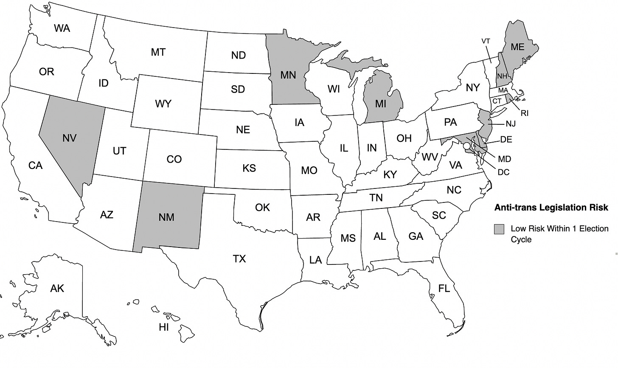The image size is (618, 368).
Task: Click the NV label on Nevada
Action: (x=69, y=138)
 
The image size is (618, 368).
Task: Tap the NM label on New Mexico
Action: (x=166, y=217)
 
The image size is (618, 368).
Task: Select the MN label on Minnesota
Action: (x=288, y=75)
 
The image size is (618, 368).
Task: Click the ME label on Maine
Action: (x=517, y=47)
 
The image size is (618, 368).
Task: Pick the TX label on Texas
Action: (x=239, y=258)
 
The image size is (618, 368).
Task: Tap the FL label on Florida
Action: (x=444, y=289)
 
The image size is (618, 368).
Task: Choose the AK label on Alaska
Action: (x=57, y=289)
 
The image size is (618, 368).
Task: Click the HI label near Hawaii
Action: (x=164, y=327)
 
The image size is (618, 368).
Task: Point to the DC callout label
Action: (x=503, y=172)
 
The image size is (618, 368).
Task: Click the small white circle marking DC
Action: (x=466, y=146)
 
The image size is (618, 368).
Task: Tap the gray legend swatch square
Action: (x=499, y=229)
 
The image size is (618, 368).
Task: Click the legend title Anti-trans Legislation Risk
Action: (x=551, y=208)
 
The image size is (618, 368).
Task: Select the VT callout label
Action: (x=486, y=41)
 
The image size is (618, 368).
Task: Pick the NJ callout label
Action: (x=510, y=124)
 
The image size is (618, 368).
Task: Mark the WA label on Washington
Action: (x=62, y=28)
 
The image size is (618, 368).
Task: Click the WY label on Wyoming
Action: (x=163, y=104)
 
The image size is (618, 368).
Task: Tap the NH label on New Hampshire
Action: (x=503, y=76)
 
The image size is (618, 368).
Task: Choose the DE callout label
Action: (x=506, y=139)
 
